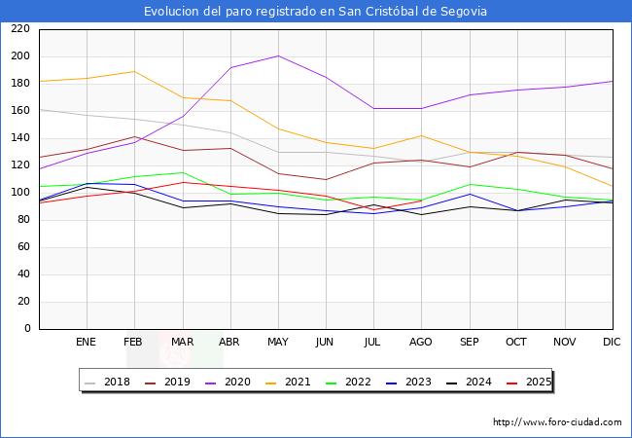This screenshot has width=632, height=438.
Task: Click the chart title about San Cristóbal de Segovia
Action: click(316, 11)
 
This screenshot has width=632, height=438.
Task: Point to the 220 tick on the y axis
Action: click(18, 29)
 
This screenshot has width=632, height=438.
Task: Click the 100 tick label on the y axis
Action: click(18, 193)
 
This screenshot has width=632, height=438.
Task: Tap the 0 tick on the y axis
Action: click(26, 329)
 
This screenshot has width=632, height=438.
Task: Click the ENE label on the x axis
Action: click(86, 343)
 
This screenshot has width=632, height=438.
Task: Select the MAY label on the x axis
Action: click(277, 343)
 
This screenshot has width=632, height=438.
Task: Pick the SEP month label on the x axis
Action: click(469, 343)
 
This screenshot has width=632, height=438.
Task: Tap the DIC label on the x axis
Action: click(612, 343)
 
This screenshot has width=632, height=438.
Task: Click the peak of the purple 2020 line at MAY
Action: click(278, 55)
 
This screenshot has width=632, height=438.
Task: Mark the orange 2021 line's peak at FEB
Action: click(134, 71)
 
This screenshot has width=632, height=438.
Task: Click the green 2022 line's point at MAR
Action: click(182, 172)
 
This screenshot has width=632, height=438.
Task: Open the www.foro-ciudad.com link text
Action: click(557, 422)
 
